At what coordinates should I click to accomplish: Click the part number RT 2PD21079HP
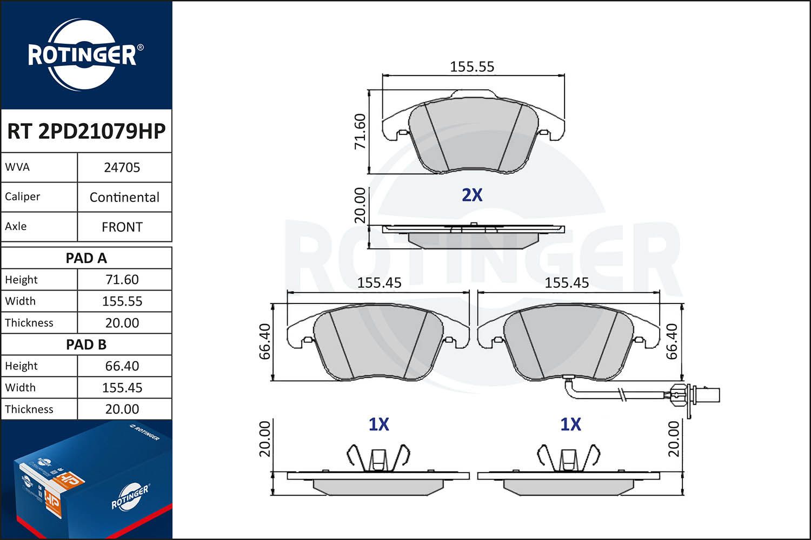86,131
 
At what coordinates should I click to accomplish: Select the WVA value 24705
122,167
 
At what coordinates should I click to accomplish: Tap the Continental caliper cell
124,197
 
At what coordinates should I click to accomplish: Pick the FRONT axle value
122,227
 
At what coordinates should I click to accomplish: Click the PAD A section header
86,258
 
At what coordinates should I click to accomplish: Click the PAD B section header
86,345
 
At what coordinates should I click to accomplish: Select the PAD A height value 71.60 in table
122,280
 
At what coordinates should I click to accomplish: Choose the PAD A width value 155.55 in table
122,301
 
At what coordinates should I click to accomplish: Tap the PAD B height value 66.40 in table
122,366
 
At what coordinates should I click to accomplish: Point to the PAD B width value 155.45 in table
122,388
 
